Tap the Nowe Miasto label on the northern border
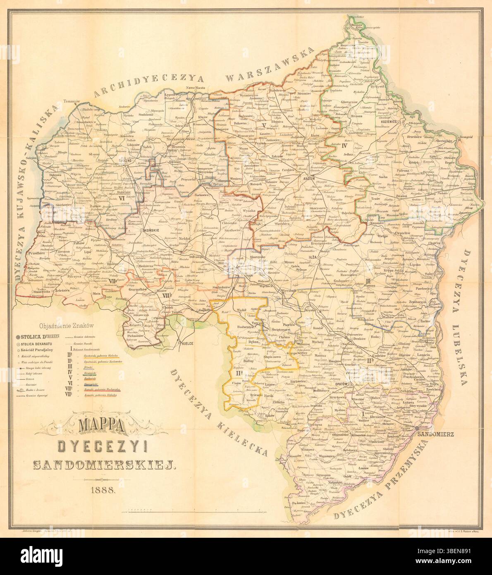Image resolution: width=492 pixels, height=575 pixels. tap(196, 88)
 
